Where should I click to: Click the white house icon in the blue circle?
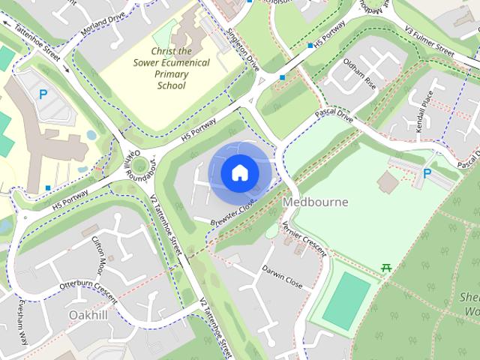click(239, 173)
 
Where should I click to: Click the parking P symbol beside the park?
click(427, 173)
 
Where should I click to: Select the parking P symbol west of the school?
click(43, 94)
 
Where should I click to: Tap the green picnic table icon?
click(387, 267)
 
